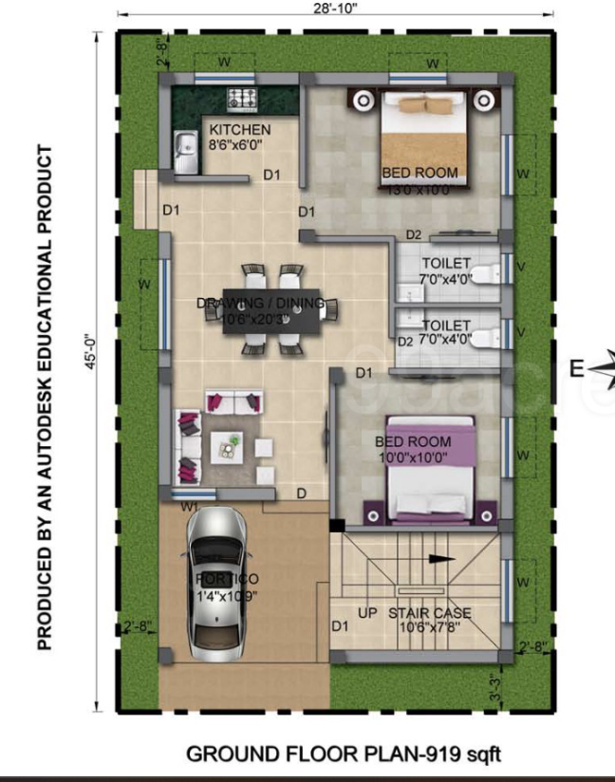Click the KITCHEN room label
click(x=240, y=130)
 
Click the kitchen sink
click(x=184, y=154)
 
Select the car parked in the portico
click(x=217, y=583)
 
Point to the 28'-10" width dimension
click(x=335, y=9)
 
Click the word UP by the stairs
click(x=368, y=613)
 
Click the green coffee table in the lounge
click(x=227, y=444)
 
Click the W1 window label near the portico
click(x=190, y=507)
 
